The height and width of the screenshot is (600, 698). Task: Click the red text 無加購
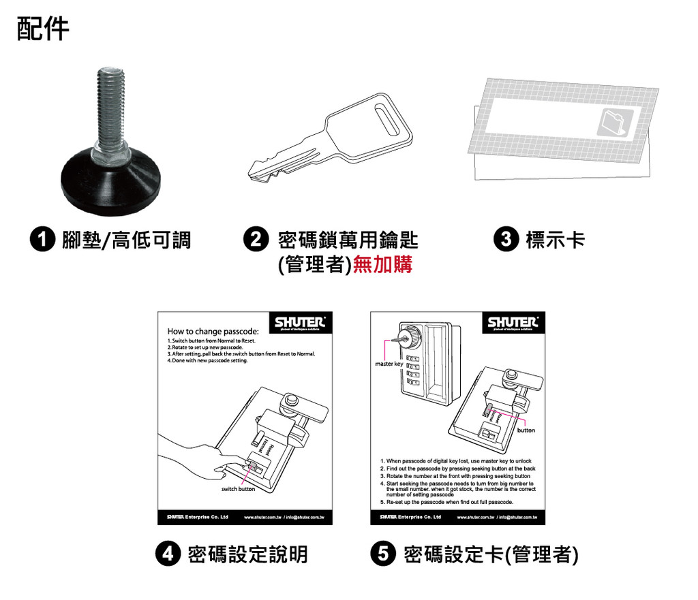[x=383, y=265]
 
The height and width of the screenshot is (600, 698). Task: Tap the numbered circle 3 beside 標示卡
[x=509, y=240]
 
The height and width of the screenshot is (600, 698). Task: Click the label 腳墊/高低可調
[x=126, y=240]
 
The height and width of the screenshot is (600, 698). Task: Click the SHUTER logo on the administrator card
[x=513, y=322]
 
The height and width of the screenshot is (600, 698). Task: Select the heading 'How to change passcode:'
[x=212, y=331]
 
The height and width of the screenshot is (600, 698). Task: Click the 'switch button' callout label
[x=238, y=489]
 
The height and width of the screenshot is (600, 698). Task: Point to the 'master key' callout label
[x=389, y=364]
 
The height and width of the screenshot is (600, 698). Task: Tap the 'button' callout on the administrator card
[x=526, y=430]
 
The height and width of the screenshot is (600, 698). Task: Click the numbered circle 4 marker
[x=168, y=554]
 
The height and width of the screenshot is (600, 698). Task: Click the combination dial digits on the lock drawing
[x=412, y=373]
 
